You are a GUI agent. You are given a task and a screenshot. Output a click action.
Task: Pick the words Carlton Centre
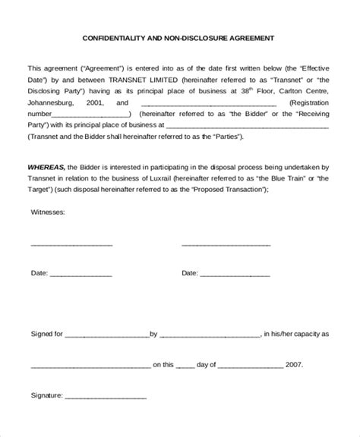coord(305,90)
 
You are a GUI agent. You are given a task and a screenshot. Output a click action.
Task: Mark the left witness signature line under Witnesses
coord(71,246)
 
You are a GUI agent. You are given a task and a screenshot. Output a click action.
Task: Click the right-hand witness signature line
coord(226,246)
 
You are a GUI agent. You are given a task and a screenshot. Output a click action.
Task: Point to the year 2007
coord(294,364)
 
